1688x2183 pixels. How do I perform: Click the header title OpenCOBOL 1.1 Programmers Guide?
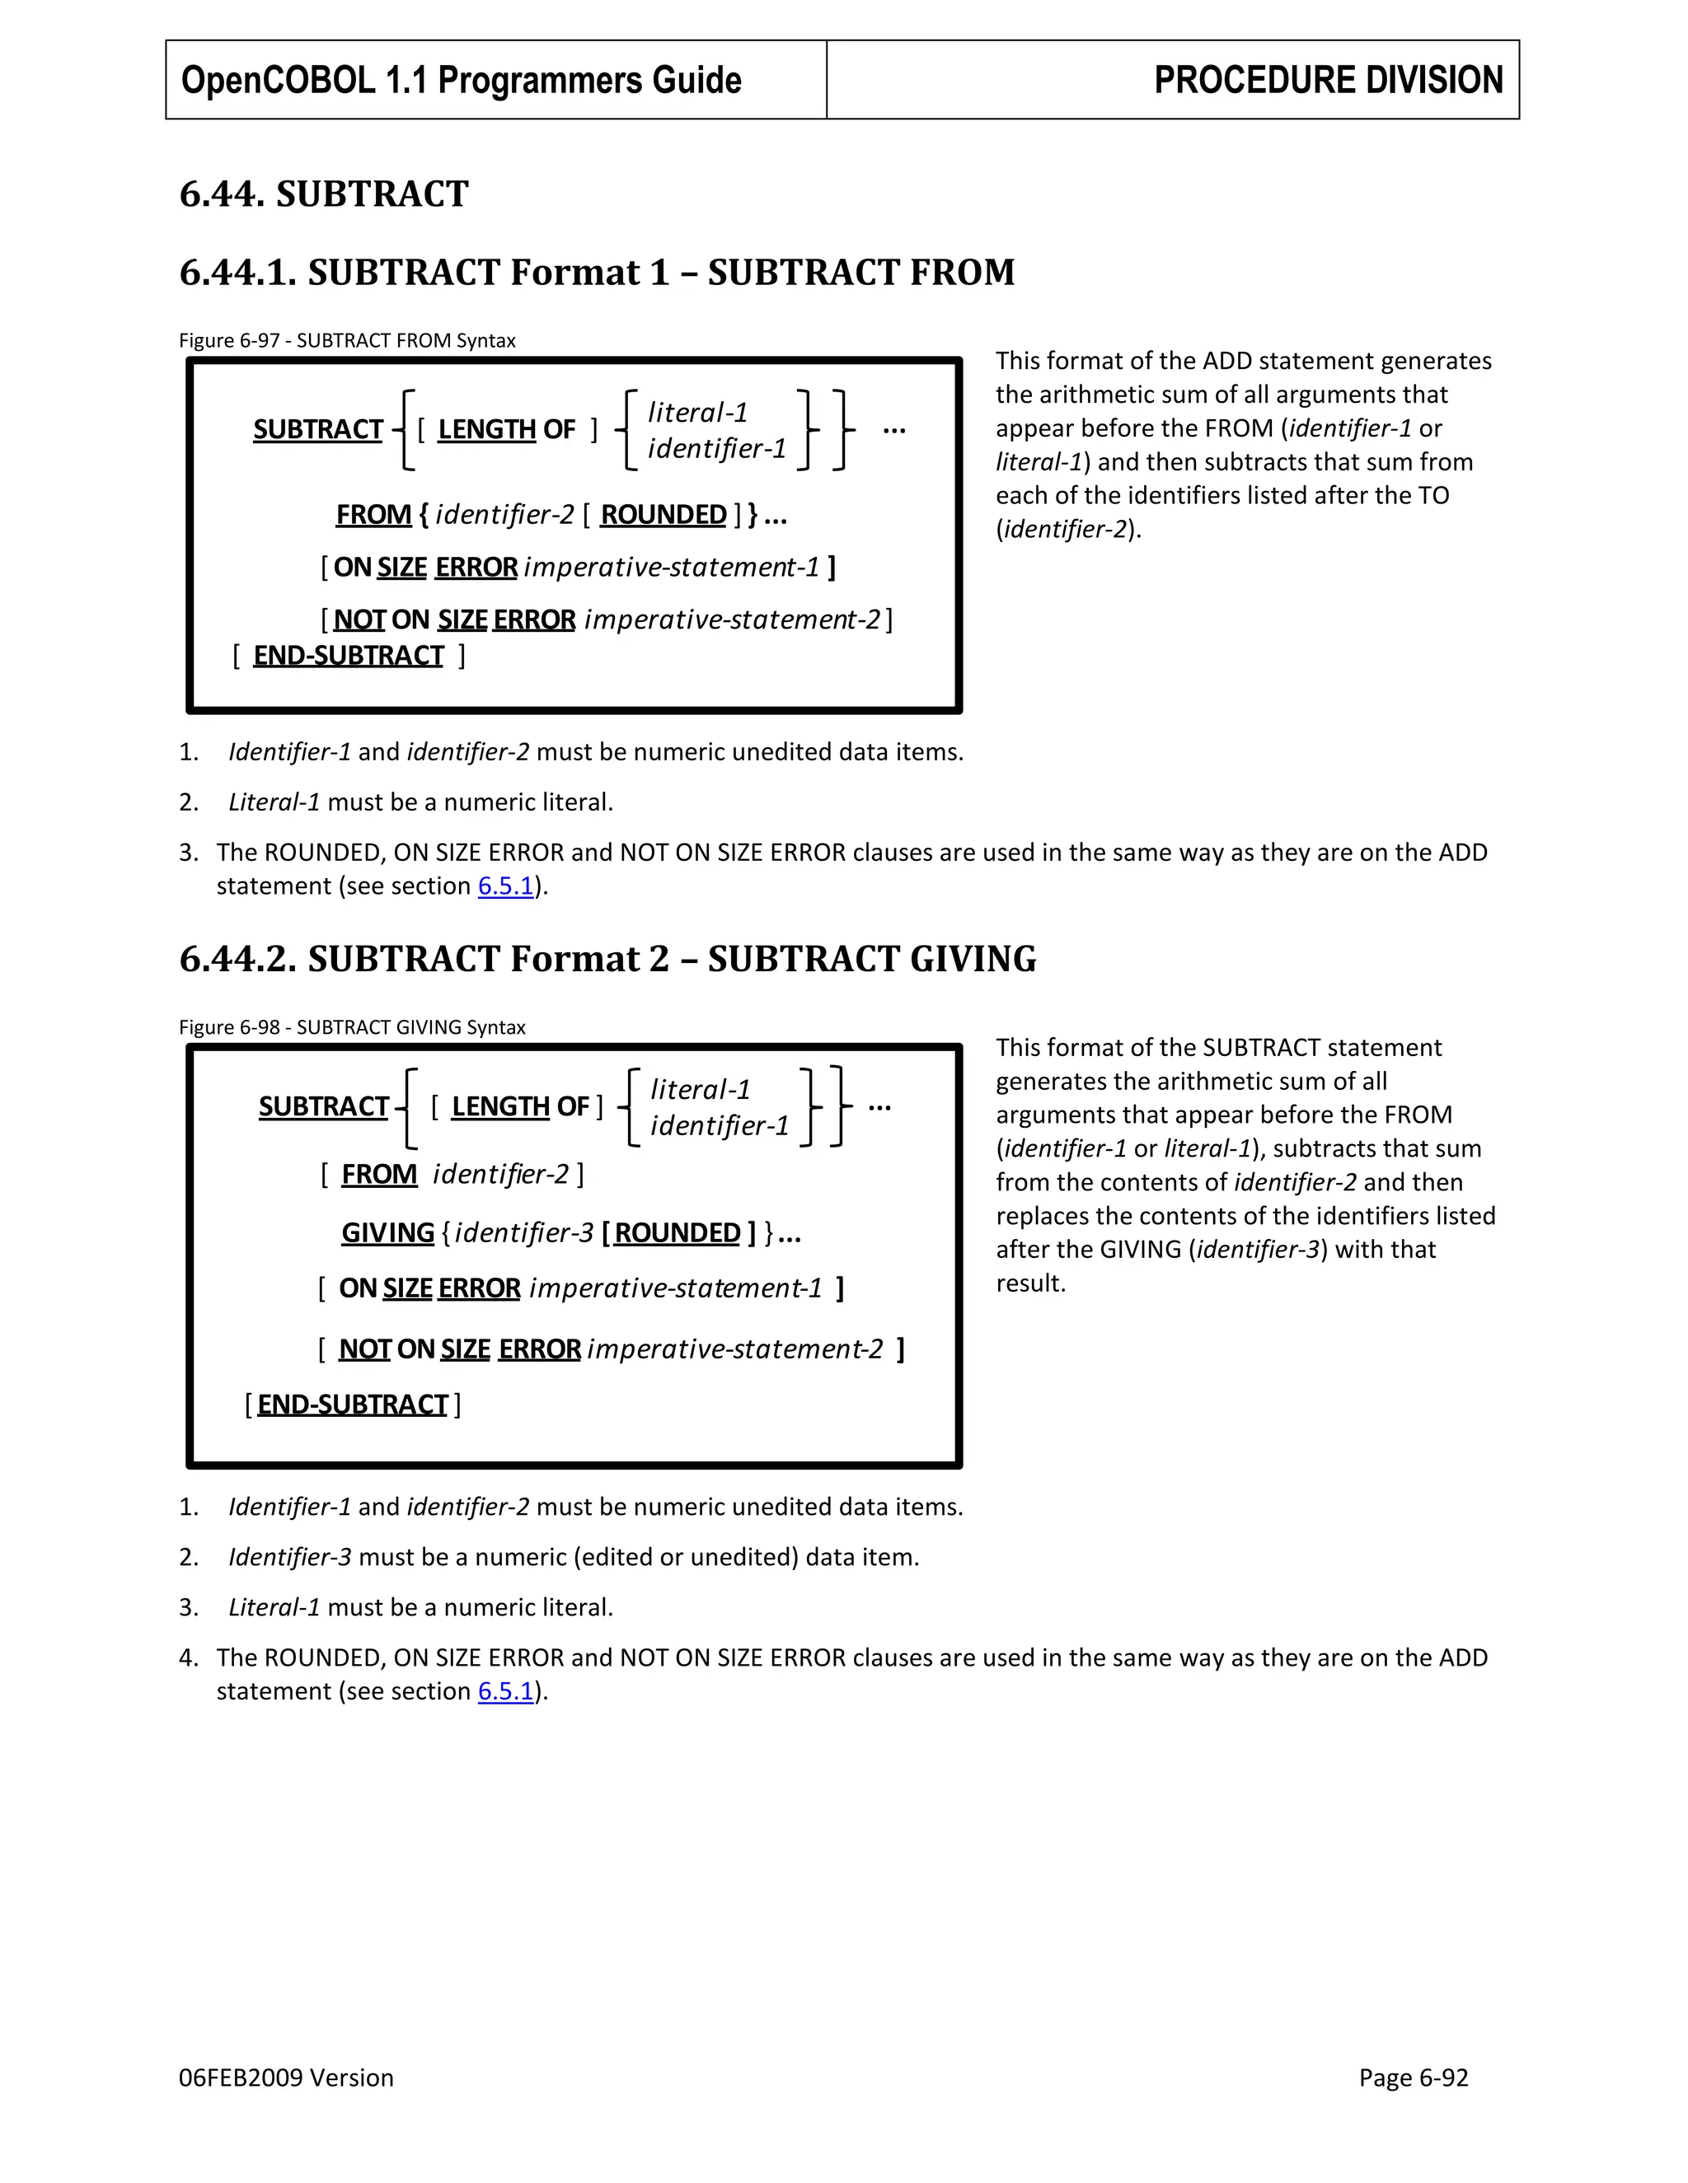461,80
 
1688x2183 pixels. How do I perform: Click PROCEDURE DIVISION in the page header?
1327,80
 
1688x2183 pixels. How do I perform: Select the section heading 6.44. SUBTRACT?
323,194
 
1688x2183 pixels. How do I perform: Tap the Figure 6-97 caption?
347,340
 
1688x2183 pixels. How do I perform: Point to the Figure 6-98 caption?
352,1026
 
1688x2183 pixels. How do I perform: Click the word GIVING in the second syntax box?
388,1232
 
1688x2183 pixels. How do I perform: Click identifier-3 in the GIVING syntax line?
524,1232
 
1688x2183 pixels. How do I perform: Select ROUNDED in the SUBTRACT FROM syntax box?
663,515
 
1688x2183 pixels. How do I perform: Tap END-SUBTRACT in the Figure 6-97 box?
348,656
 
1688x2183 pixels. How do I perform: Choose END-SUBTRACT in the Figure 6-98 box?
352,1405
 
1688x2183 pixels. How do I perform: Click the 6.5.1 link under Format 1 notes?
505,886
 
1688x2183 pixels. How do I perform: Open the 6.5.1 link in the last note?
505,1691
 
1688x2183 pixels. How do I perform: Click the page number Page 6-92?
1412,2078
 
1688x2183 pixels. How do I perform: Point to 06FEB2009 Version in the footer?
286,2078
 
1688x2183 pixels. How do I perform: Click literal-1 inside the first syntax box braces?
697,412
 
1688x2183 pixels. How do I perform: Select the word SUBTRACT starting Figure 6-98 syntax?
323,1106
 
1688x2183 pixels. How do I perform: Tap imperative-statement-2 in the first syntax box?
732,619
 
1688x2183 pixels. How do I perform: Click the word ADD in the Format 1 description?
1226,361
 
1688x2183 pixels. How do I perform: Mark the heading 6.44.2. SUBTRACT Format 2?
607,959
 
